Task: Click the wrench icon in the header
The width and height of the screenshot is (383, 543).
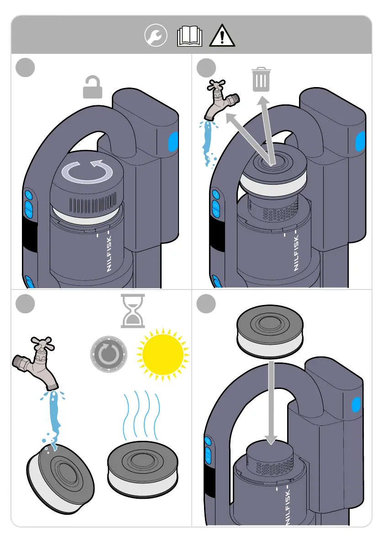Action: pos(156,36)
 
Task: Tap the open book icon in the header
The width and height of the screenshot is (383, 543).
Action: pos(189,36)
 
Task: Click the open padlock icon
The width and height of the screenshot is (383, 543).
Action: pos(93,87)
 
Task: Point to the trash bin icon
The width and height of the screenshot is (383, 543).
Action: pos(261,79)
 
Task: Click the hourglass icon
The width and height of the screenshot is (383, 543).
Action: pos(133,311)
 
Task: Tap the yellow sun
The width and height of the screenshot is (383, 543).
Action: pos(163,354)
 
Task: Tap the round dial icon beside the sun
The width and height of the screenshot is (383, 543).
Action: pos(109,354)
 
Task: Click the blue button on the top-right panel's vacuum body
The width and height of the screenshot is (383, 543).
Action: pos(360,142)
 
